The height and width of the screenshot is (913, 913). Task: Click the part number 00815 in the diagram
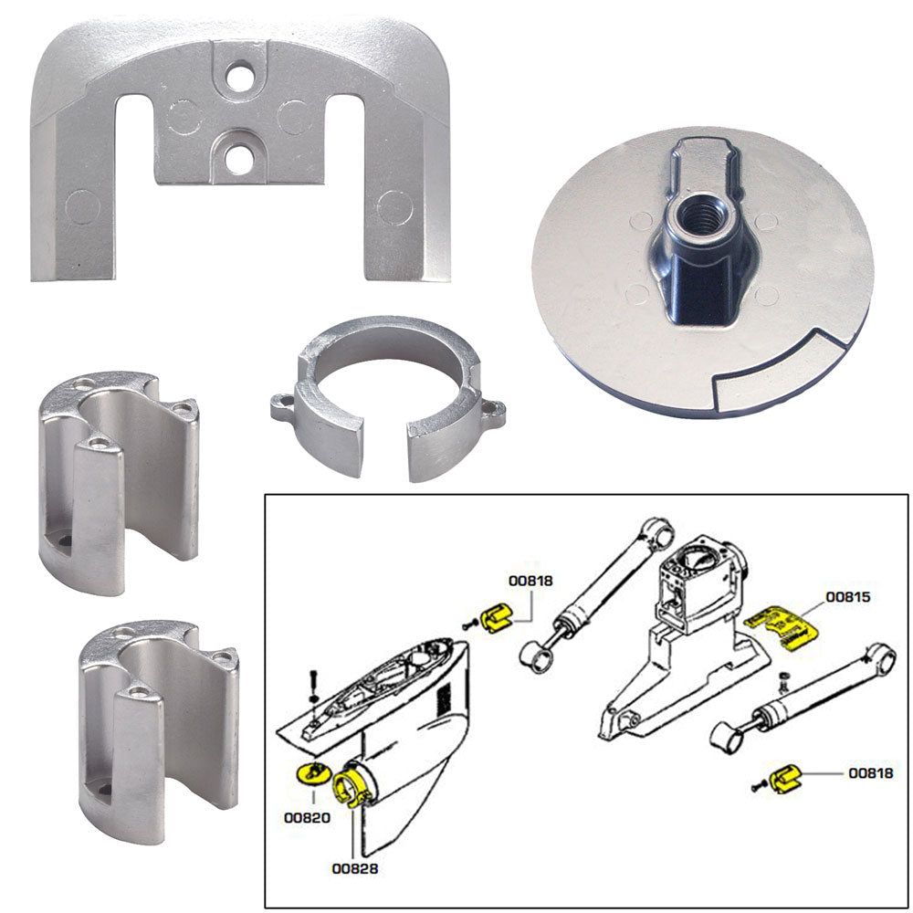point(847,598)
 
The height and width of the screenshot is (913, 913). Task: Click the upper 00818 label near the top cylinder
point(530,578)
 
